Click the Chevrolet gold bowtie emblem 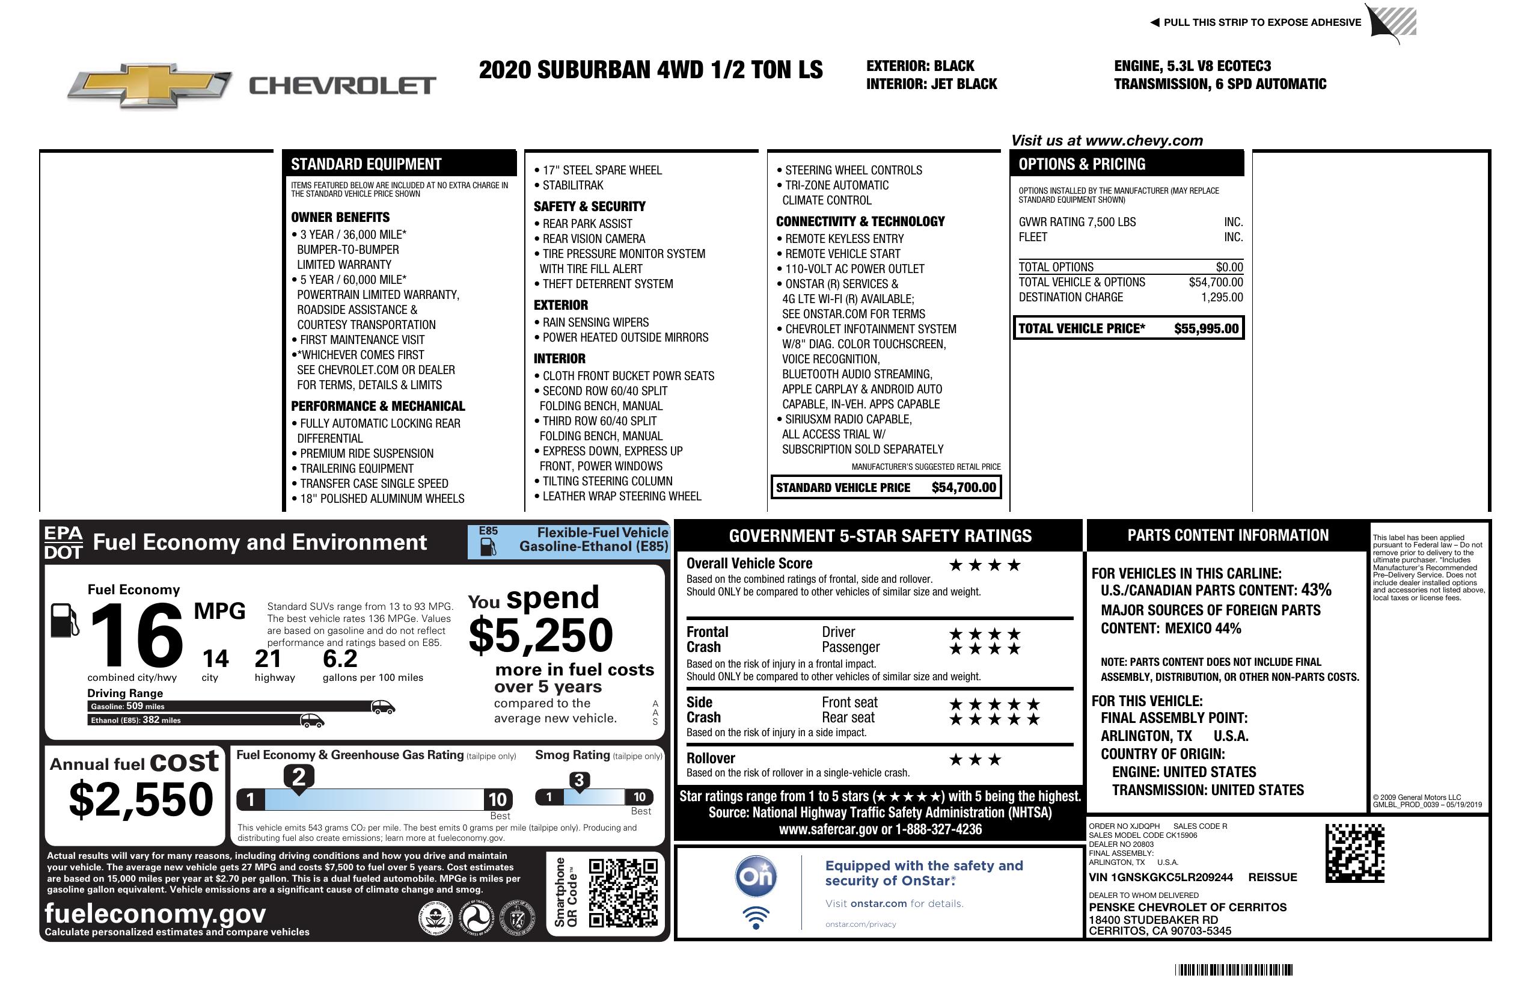[x=150, y=85]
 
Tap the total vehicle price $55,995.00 [x=1206, y=328]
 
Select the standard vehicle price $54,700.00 [x=964, y=488]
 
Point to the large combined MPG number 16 [x=137, y=635]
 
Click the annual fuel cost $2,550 [x=141, y=799]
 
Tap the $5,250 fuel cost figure [x=540, y=635]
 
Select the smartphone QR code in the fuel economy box [x=623, y=892]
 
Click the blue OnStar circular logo [x=756, y=876]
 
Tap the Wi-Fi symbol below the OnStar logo [x=756, y=917]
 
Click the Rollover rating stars [x=975, y=760]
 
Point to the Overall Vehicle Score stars [x=985, y=565]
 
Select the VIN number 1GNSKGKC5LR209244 [x=1161, y=877]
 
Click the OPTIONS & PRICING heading [x=1082, y=164]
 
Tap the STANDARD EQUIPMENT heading [x=366, y=164]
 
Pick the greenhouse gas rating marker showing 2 [x=299, y=777]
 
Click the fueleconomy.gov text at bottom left [x=155, y=914]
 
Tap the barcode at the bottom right [x=1234, y=970]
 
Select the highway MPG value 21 [x=268, y=659]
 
